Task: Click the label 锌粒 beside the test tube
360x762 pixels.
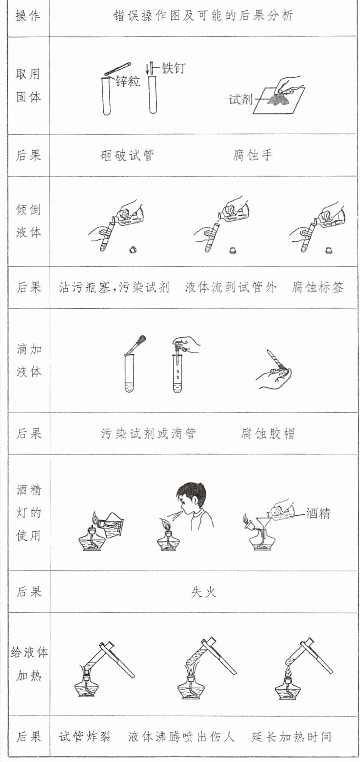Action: [x=128, y=81]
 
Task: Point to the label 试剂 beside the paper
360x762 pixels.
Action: [x=241, y=100]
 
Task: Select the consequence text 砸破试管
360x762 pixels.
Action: [x=127, y=156]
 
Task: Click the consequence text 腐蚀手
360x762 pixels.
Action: [x=253, y=156]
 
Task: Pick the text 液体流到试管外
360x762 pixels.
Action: [x=230, y=288]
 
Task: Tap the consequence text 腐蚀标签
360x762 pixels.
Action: [x=318, y=288]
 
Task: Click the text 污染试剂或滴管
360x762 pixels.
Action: [x=149, y=434]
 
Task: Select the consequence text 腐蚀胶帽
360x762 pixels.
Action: [x=267, y=434]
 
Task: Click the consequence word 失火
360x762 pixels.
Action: [x=203, y=592]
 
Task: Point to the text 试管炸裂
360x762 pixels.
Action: [x=85, y=737]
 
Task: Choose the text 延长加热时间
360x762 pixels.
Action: [x=291, y=737]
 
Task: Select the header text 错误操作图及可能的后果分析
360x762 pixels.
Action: [x=203, y=16]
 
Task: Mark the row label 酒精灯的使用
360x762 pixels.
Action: [x=29, y=512]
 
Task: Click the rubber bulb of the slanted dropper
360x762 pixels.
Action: [x=142, y=339]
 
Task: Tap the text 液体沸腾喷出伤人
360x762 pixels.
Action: [x=182, y=737]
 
